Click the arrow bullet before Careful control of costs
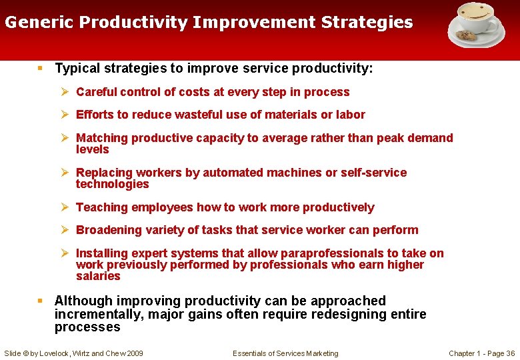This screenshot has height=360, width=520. [x=65, y=92]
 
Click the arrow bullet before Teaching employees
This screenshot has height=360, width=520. [x=65, y=207]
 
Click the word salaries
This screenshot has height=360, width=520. [x=98, y=276]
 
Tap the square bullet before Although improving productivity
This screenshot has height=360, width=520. [x=41, y=301]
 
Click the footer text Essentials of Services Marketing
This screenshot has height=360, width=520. [x=285, y=353]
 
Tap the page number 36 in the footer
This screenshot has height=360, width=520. [x=510, y=353]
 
